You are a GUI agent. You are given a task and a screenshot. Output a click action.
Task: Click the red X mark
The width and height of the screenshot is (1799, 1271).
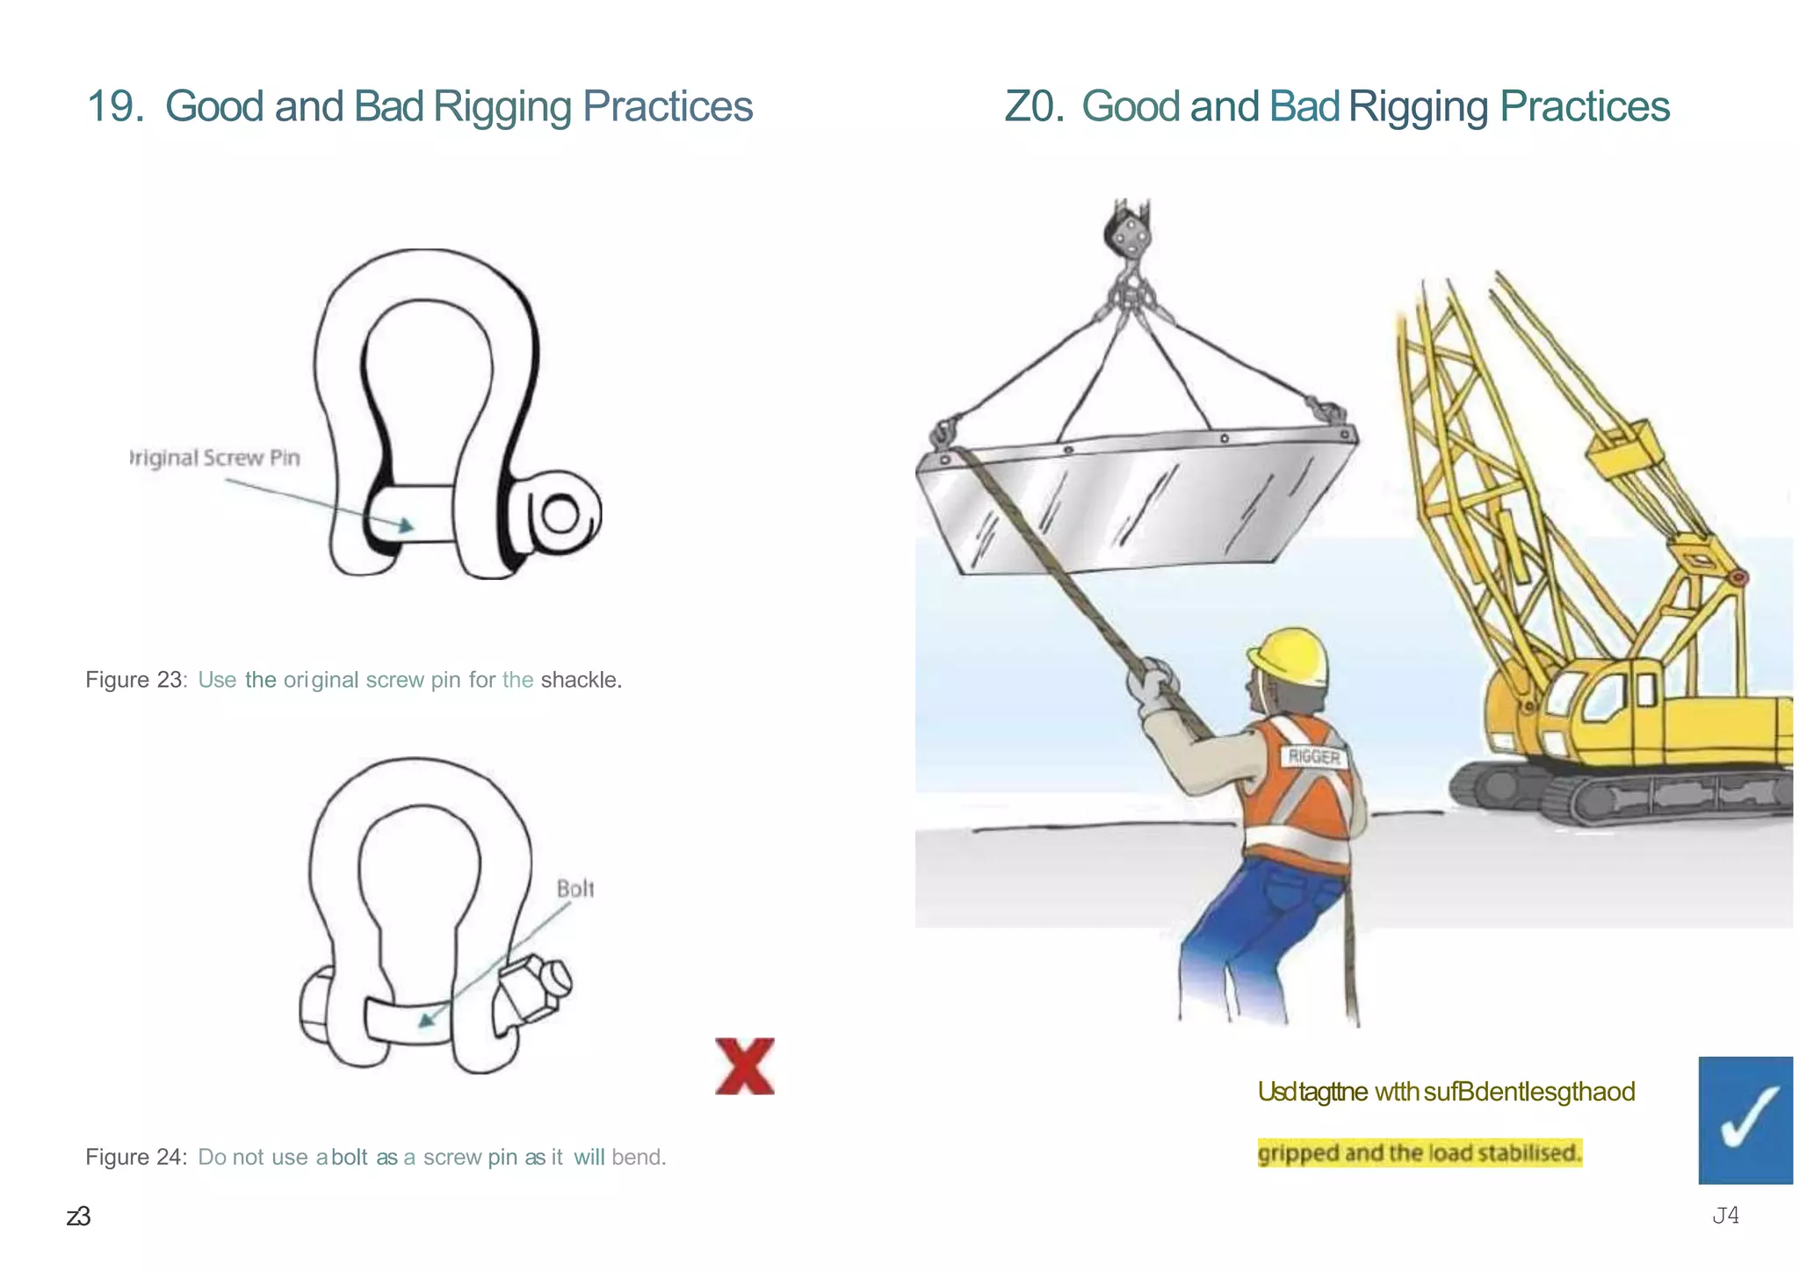coord(744,1065)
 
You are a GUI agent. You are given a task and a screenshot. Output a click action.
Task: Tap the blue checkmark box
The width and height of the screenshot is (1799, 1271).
coord(1745,1119)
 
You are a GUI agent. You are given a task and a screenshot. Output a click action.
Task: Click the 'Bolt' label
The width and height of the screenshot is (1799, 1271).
coord(575,889)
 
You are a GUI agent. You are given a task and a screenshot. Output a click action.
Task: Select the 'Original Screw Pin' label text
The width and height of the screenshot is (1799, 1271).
coord(215,458)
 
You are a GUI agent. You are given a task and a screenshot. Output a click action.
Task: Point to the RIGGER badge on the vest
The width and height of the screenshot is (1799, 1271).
coord(1314,756)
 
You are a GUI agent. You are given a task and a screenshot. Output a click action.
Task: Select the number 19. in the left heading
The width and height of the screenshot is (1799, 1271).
coord(115,106)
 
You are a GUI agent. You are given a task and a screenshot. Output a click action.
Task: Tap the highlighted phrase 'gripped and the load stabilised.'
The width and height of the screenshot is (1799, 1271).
coord(1419,1152)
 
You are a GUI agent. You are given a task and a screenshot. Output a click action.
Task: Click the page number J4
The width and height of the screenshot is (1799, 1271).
coord(1725,1215)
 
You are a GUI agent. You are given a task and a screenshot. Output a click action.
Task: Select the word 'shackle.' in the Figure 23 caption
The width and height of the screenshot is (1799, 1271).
coord(581,680)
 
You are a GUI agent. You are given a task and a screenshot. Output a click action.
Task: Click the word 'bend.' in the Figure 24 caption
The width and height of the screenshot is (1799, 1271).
coord(639,1157)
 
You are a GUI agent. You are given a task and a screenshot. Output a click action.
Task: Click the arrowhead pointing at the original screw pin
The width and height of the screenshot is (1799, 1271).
coord(405,525)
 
